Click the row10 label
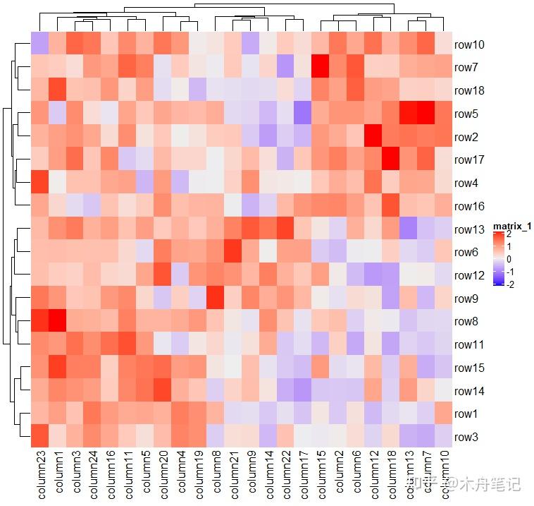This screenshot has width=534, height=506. click(x=469, y=44)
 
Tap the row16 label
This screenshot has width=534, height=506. click(x=469, y=206)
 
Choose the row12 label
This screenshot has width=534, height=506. click(x=469, y=275)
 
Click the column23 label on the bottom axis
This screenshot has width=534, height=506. click(x=39, y=476)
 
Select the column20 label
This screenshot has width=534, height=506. click(x=162, y=476)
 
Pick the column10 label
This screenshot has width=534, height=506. click(x=442, y=476)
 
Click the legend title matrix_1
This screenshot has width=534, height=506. click(x=511, y=227)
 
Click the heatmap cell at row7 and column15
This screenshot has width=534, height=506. click(x=320, y=68)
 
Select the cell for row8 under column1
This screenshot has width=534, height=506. click(x=57, y=321)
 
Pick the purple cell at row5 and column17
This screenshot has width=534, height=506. click(x=302, y=114)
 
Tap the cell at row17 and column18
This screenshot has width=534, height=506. click(x=390, y=159)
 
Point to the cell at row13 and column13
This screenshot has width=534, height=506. click(x=407, y=229)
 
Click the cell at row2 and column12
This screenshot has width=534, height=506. click(x=372, y=137)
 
